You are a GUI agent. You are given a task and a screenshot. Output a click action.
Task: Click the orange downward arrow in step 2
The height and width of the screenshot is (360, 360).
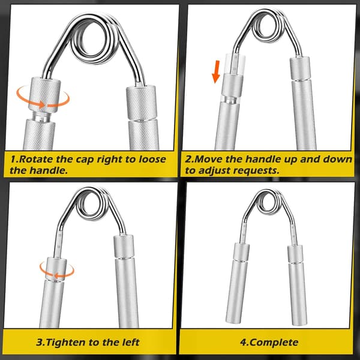coord(216,71)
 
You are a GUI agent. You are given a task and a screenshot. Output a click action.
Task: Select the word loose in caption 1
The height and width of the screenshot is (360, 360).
coord(152,160)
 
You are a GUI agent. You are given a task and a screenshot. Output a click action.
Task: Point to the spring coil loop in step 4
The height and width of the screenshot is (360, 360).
coord(268,203)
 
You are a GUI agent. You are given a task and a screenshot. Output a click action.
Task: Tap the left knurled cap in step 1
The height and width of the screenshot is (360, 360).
coord(44,95)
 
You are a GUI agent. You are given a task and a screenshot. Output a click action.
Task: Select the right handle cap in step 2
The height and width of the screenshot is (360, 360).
coord(300,68)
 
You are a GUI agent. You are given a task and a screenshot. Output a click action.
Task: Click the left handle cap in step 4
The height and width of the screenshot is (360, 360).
coord(242,252)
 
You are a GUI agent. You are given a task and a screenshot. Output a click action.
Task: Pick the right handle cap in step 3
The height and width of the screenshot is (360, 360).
coord(124,247)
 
